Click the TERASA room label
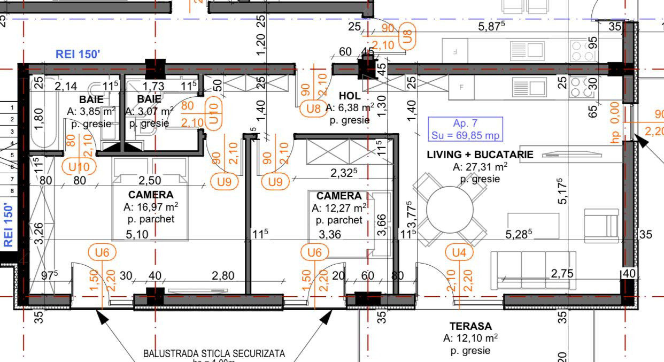(x=470, y=326)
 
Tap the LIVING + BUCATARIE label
(x=480, y=155)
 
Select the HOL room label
(x=350, y=96)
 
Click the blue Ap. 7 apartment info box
(x=465, y=128)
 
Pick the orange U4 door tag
(x=459, y=252)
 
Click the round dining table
(x=450, y=209)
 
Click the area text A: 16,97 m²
(x=151, y=207)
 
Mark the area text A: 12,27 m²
(x=339, y=208)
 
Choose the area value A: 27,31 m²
(x=480, y=167)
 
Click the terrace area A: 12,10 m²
(x=470, y=338)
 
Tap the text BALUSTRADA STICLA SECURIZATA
(x=214, y=353)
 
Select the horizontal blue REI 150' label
(x=78, y=53)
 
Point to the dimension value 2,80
(x=223, y=276)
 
